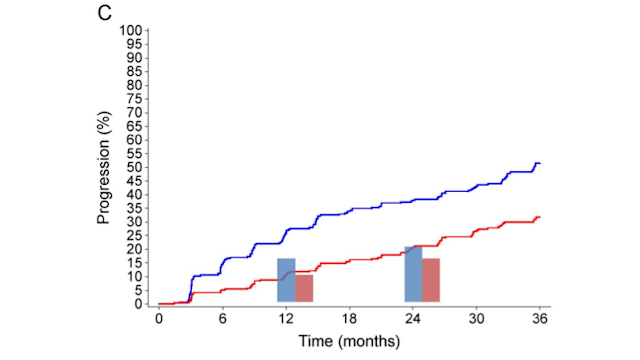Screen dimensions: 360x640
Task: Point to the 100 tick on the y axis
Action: tap(132, 30)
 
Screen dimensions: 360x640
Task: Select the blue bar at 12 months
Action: tap(286, 280)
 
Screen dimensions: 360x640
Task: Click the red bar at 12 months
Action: tap(304, 288)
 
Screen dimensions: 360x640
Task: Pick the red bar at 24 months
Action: tap(431, 280)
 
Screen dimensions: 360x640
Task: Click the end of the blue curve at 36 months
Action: tap(539, 163)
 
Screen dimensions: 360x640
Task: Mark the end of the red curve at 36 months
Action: tap(539, 217)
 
